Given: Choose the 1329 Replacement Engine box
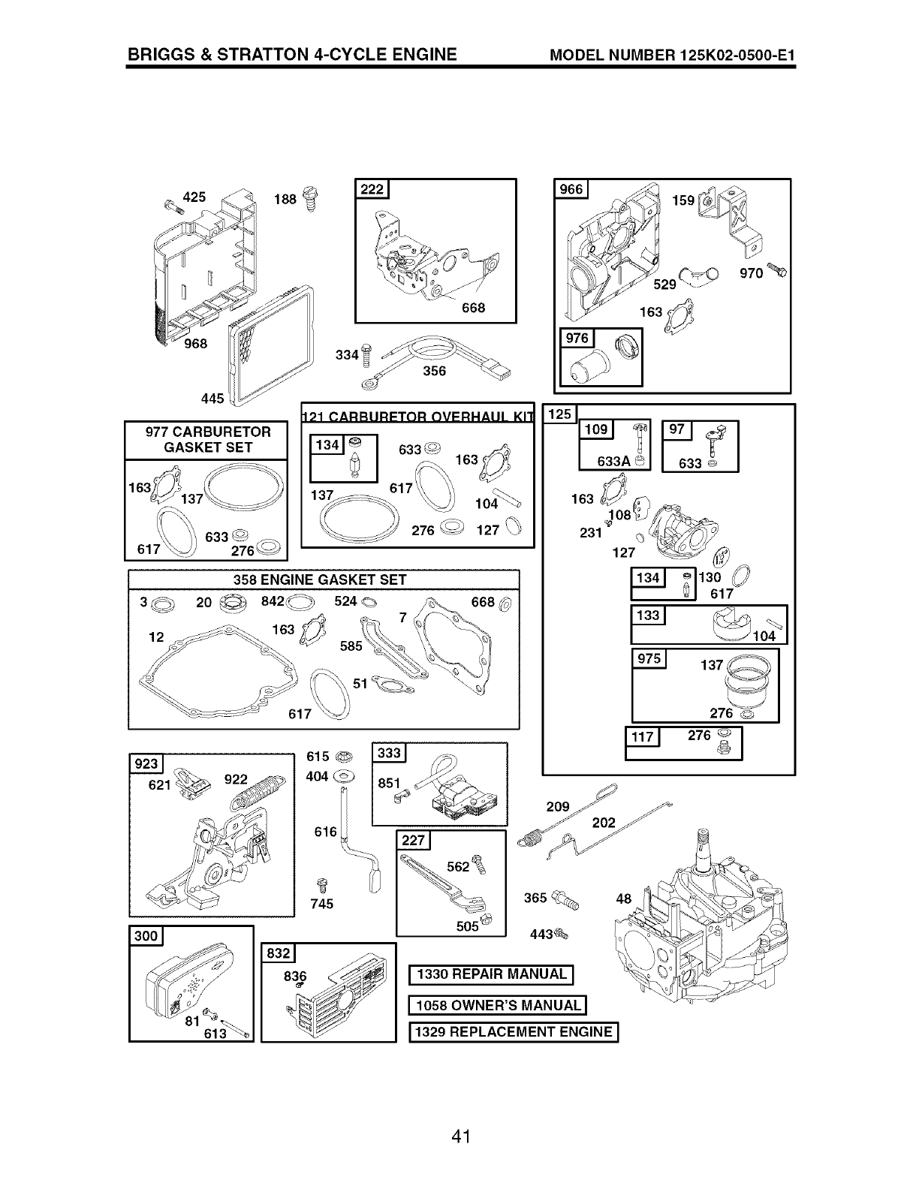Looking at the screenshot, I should pos(514,1033).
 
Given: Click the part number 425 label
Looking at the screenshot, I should pos(194,197).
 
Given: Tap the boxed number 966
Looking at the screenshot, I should pos(571,189).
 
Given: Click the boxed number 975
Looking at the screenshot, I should pos(649,659).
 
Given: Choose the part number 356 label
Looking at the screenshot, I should pos(434,372).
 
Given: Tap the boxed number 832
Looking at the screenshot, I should pos(278,953).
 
